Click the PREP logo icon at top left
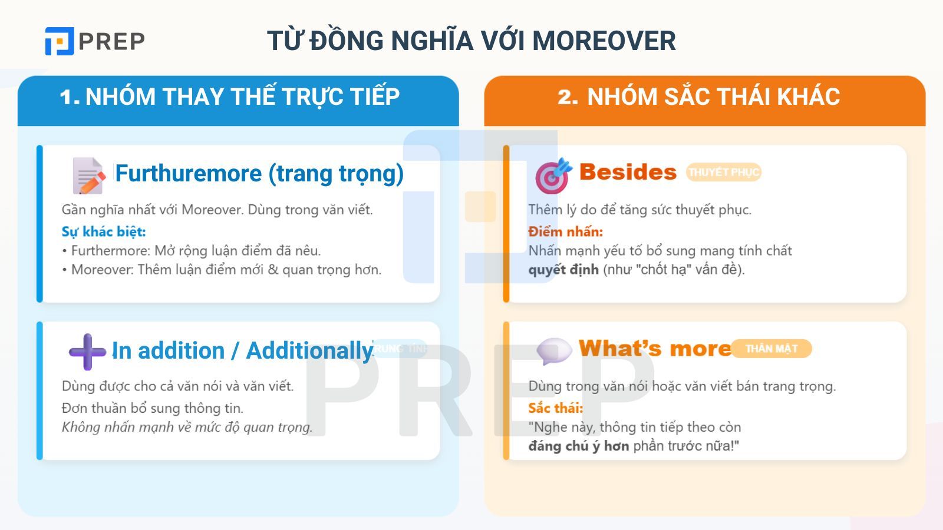point(60,41)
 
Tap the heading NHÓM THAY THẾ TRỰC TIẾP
point(242,97)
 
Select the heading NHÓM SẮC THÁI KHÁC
point(713,97)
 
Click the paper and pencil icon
point(88,175)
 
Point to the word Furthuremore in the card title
point(188,173)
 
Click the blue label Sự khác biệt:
point(104,231)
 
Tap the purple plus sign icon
point(87,352)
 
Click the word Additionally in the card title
point(309,351)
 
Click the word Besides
point(628,172)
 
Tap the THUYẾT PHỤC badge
point(723,172)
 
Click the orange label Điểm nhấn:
point(565,231)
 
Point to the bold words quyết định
point(563,270)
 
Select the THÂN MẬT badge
point(771,349)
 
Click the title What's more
point(655,349)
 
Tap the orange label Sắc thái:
point(555,408)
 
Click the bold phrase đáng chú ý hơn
point(578,446)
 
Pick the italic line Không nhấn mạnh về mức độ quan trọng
point(187,427)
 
